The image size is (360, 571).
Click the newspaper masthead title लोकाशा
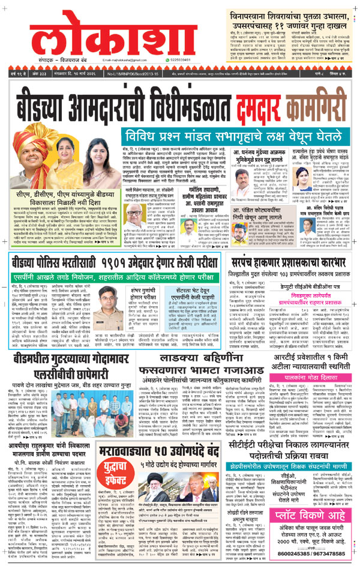pos(84,40)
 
